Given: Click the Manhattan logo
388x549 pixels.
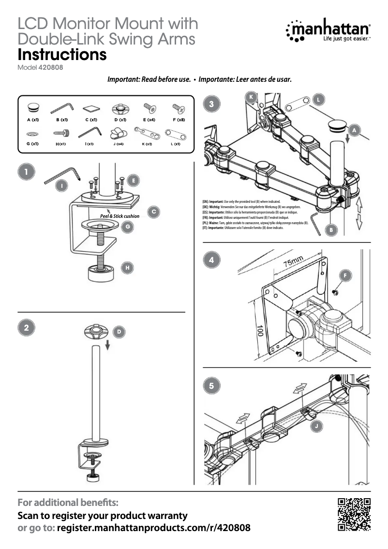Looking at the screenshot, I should click(x=328, y=35).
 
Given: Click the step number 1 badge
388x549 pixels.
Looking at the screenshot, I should click(x=26, y=171).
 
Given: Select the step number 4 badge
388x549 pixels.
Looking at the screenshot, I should click(x=211, y=259).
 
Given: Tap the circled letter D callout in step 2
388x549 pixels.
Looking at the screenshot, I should click(x=119, y=332).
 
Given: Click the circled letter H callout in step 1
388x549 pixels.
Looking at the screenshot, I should click(x=127, y=267).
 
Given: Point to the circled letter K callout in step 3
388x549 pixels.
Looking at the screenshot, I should click(x=251, y=97).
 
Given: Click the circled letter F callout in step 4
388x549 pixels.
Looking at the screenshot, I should click(x=345, y=275).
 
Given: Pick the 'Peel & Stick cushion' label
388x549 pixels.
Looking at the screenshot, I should click(x=119, y=216).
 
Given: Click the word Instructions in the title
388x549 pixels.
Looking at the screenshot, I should click(x=62, y=55).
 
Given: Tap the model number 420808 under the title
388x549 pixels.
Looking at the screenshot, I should click(x=50, y=67).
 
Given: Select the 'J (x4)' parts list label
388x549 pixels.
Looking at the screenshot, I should click(x=118, y=144).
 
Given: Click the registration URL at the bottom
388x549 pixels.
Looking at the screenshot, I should click(x=154, y=527).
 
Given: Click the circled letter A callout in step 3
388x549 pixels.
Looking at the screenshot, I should click(x=355, y=130).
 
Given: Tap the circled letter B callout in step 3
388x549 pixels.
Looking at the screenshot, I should click(x=331, y=230).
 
